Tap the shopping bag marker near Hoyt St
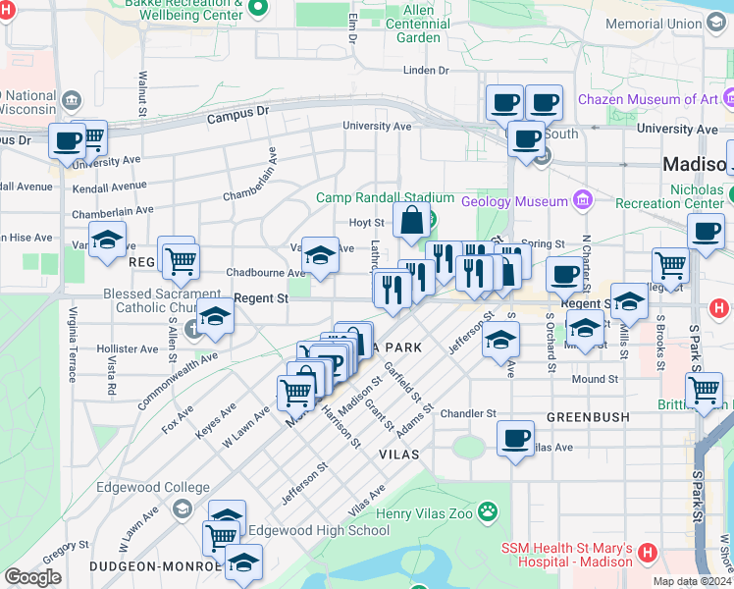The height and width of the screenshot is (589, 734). [x=410, y=222]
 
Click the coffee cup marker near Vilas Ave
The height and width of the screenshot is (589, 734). [x=515, y=438]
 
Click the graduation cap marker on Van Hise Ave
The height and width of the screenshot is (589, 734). [x=107, y=239]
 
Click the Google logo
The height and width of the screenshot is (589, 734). [x=32, y=577]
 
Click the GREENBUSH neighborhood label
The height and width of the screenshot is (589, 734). [x=587, y=417]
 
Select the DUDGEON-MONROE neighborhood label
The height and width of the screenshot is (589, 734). [x=153, y=566]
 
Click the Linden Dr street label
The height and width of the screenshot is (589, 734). [x=425, y=71]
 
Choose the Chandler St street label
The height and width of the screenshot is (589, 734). [x=468, y=414]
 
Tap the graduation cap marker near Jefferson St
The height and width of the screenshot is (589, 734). [x=500, y=340]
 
